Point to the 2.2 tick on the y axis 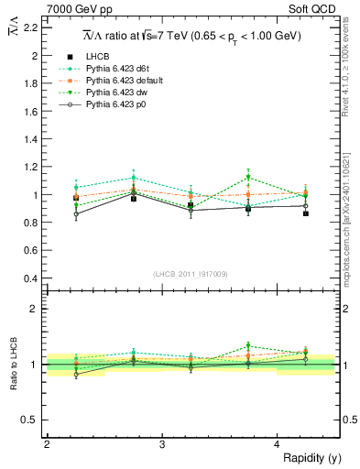click(30, 27)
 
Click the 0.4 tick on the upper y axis click(30, 278)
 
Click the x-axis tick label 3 click(162, 443)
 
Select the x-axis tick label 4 click(278, 443)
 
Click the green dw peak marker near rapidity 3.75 click(248, 178)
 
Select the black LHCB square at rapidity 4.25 click(306, 213)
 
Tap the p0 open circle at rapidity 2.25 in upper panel click(76, 214)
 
